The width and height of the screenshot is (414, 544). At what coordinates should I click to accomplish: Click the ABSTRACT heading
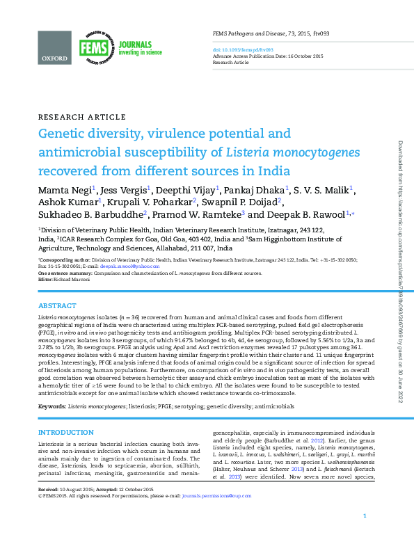pos(57,305)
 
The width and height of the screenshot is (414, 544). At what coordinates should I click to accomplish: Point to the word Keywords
pos(51,405)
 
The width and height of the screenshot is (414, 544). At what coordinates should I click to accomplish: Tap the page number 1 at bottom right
pos(365,534)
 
